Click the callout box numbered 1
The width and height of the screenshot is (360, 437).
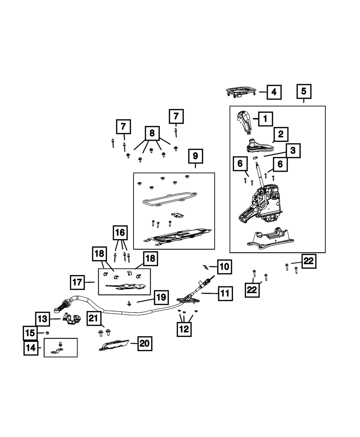point(265,118)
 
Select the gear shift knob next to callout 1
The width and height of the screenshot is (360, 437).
point(245,121)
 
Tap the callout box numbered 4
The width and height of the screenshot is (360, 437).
point(274,92)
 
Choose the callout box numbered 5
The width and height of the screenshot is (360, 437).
point(303,91)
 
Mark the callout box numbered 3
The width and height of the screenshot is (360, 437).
point(293,150)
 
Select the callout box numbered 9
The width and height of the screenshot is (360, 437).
point(195,156)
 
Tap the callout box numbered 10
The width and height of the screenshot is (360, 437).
point(224,267)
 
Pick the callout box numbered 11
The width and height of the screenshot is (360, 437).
point(225,293)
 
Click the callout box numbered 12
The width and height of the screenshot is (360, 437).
point(184,329)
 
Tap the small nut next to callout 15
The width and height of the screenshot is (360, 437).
point(47,333)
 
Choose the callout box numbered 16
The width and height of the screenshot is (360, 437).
point(120,233)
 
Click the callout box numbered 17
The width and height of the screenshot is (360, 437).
point(77,282)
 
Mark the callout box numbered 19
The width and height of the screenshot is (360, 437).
point(161,297)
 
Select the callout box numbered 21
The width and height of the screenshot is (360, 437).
point(94,318)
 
